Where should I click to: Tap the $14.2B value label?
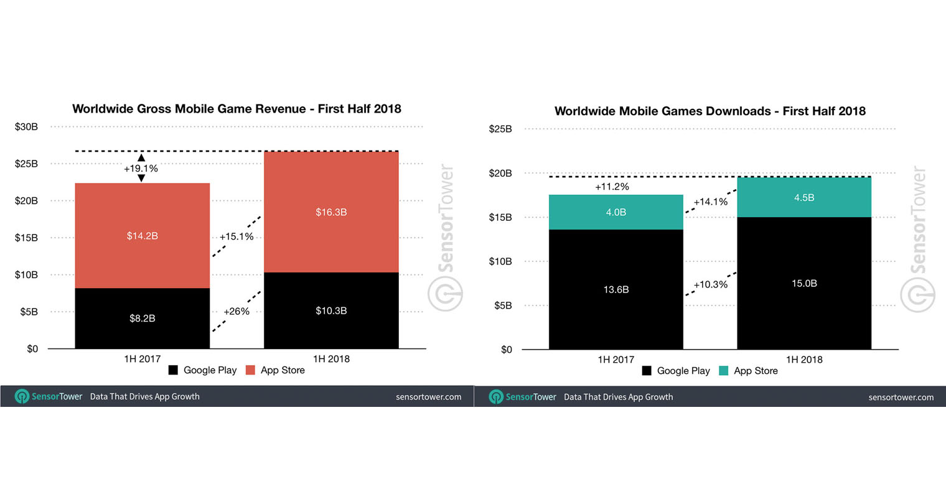pyautogui.click(x=143, y=236)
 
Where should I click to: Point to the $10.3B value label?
pyautogui.click(x=331, y=310)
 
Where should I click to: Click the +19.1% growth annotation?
pyautogui.click(x=141, y=169)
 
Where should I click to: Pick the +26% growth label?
pyautogui.click(x=236, y=311)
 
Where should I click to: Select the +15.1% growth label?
pyautogui.click(x=236, y=236)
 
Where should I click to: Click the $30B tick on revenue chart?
pyautogui.click(x=26, y=127)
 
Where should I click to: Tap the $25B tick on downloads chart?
pyautogui.click(x=500, y=129)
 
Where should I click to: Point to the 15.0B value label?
pyautogui.click(x=804, y=283)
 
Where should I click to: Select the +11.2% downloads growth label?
pyautogui.click(x=612, y=187)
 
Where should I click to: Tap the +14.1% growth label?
pyautogui.click(x=710, y=202)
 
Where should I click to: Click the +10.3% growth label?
pyautogui.click(x=710, y=284)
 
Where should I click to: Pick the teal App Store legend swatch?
pyautogui.click(x=723, y=371)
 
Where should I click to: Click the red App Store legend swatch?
pyautogui.click(x=250, y=370)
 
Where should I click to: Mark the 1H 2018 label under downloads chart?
pyautogui.click(x=804, y=360)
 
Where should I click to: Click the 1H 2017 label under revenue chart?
pyautogui.click(x=143, y=359)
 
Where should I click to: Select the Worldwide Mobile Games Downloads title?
pyautogui.click(x=709, y=111)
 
